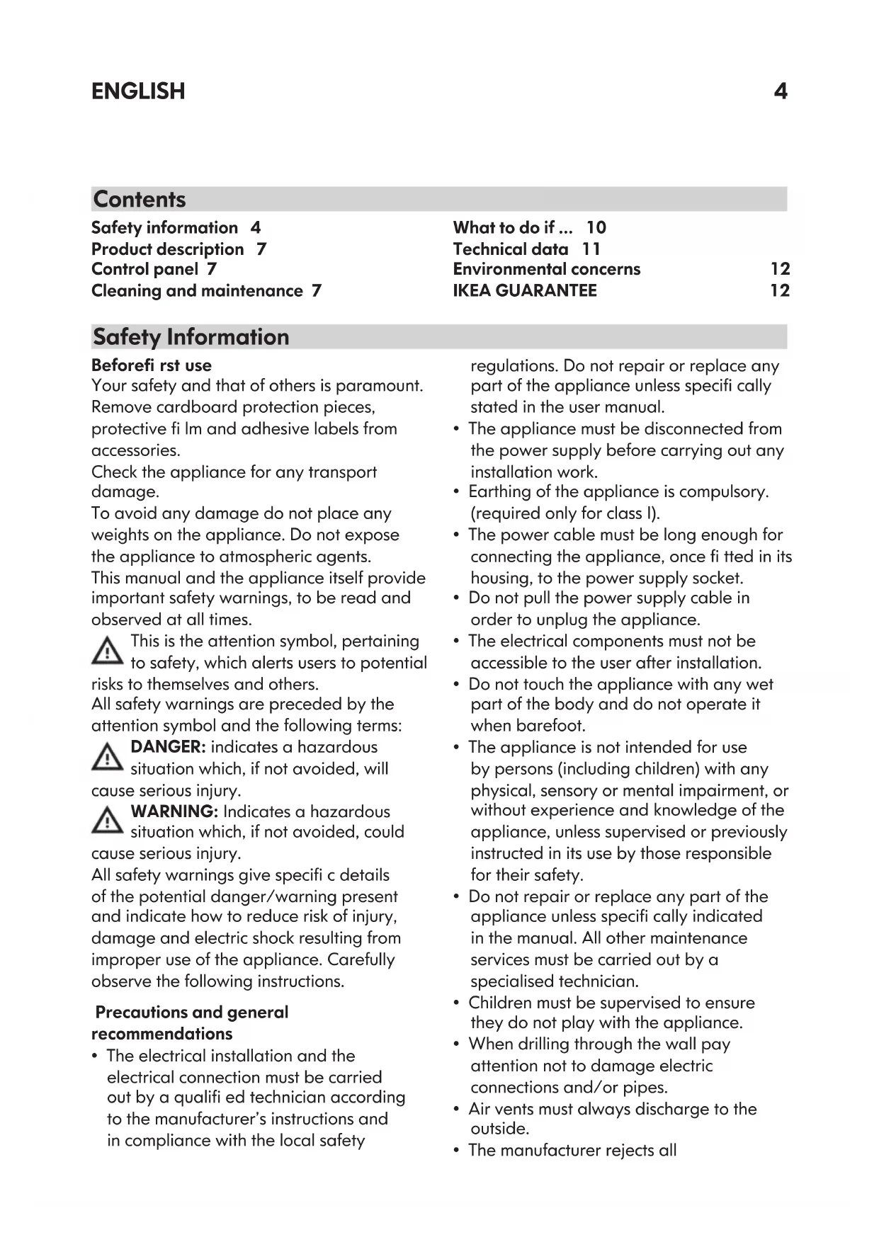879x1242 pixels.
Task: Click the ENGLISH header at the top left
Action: point(138,91)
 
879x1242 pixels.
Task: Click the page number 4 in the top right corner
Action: point(780,91)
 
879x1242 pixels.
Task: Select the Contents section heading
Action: point(140,199)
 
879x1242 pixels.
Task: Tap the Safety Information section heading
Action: point(191,336)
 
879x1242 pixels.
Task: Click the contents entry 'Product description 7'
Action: point(178,249)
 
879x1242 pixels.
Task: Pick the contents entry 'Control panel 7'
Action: point(154,269)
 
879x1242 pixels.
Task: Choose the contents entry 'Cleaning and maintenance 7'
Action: point(206,290)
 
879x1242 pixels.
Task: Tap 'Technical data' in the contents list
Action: point(511,249)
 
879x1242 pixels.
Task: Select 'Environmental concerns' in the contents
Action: point(546,269)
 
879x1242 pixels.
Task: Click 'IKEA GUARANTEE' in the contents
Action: point(525,290)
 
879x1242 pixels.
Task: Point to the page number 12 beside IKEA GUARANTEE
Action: point(779,290)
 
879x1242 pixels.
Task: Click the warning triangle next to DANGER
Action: point(107,758)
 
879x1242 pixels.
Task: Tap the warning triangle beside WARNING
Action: point(107,821)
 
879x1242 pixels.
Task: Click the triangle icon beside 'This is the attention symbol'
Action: point(107,651)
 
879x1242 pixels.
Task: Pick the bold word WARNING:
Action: point(174,811)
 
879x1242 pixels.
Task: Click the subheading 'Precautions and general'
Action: point(191,1012)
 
